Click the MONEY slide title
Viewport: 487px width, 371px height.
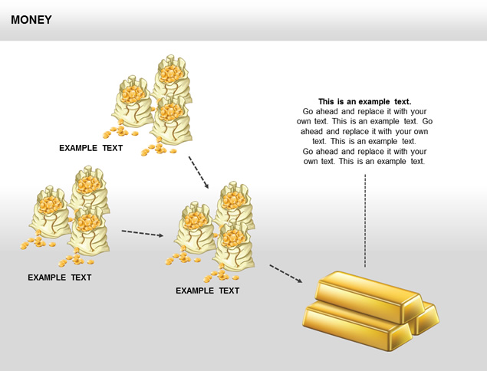(x=31, y=20)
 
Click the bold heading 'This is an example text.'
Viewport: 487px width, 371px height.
(x=364, y=101)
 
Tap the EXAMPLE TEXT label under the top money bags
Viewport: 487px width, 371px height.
(x=90, y=148)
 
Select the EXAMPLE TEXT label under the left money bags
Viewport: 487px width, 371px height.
(x=59, y=277)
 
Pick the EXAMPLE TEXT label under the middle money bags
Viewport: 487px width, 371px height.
(x=207, y=291)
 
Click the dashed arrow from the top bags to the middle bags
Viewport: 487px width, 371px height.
(x=199, y=172)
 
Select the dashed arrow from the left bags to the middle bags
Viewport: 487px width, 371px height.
(x=143, y=233)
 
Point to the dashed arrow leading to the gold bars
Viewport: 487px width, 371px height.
(x=285, y=274)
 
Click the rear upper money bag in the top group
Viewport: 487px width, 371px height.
(x=170, y=77)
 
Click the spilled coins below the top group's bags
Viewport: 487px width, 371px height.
(x=157, y=148)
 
